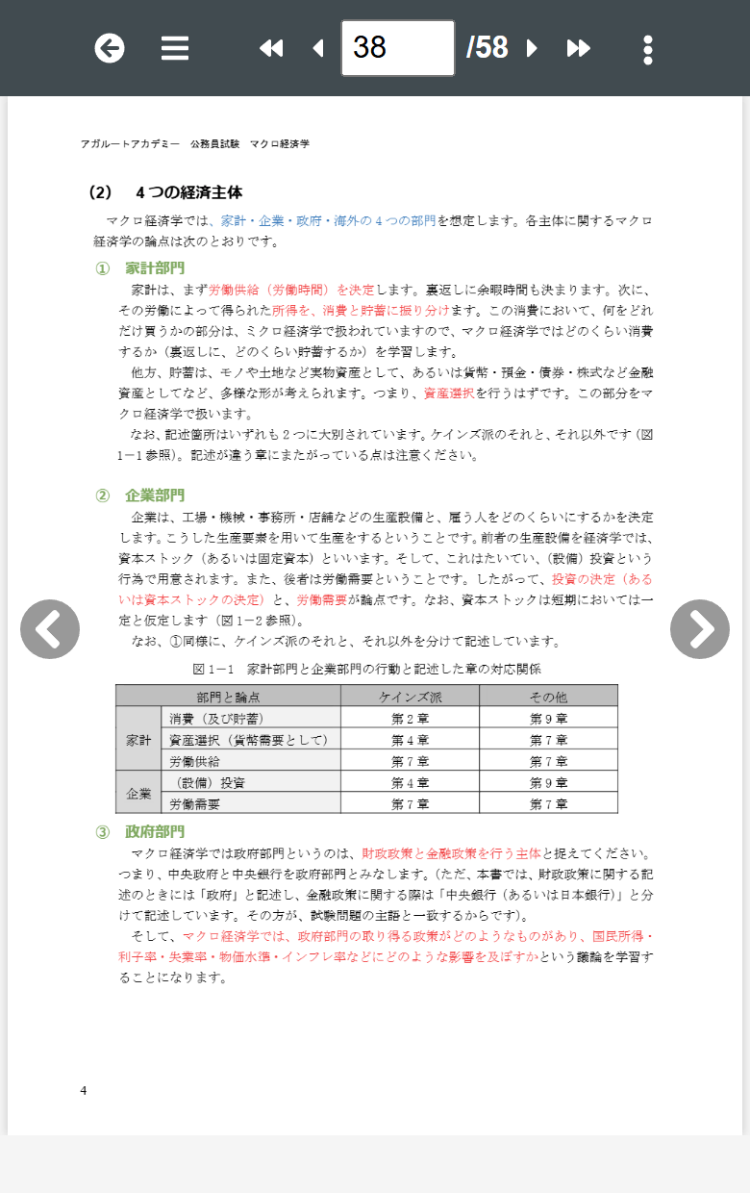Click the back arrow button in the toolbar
pyautogui.click(x=110, y=48)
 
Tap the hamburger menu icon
pyautogui.click(x=175, y=48)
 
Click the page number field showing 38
pyautogui.click(x=397, y=48)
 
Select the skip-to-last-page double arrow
pyautogui.click(x=578, y=48)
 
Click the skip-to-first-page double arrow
pyautogui.click(x=271, y=48)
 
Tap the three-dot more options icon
pyautogui.click(x=648, y=49)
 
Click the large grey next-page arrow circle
pyautogui.click(x=699, y=629)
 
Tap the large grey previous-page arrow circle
pyautogui.click(x=50, y=629)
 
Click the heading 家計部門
pyautogui.click(x=154, y=267)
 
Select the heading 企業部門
pyautogui.click(x=154, y=495)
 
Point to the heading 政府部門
pyautogui.click(x=154, y=831)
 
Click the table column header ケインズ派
pyautogui.click(x=410, y=697)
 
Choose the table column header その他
pyautogui.click(x=548, y=697)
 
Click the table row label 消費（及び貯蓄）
pyautogui.click(x=216, y=718)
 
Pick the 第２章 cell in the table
pyautogui.click(x=410, y=718)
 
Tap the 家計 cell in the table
pyautogui.click(x=139, y=740)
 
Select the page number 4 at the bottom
pyautogui.click(x=84, y=1090)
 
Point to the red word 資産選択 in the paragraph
pyautogui.click(x=448, y=393)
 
